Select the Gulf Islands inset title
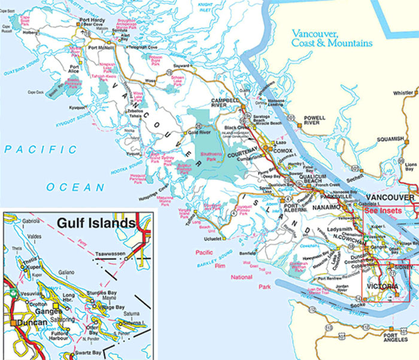(95, 224)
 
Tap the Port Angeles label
(400, 338)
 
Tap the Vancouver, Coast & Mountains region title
(331, 39)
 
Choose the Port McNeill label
(100, 47)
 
